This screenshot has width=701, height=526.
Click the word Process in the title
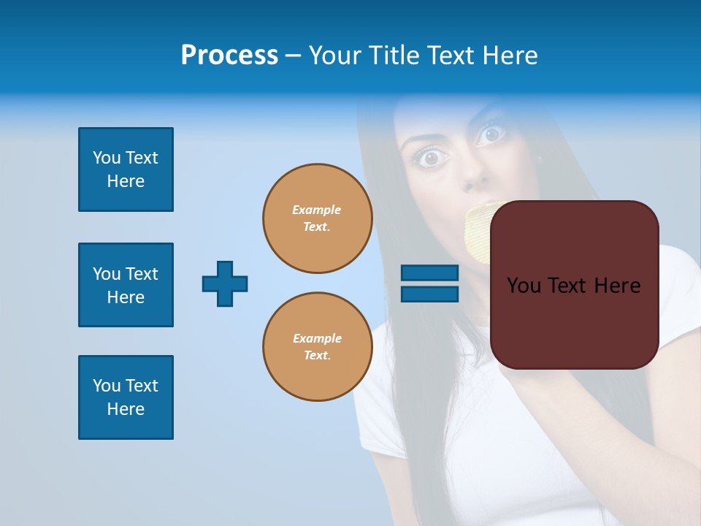point(229,56)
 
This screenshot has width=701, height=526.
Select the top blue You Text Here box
point(126,169)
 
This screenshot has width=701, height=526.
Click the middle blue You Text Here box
point(126,285)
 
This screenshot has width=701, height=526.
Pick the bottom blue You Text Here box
point(126,397)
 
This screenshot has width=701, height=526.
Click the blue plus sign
point(225,283)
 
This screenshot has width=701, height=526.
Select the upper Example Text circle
point(317,218)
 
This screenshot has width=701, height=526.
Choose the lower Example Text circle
point(317,346)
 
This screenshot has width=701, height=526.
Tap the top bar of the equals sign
point(429,273)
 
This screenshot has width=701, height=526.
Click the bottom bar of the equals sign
point(429,294)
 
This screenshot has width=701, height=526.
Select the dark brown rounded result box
point(574,321)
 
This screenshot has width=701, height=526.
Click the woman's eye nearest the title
point(491,134)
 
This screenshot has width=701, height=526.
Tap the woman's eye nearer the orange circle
point(432,156)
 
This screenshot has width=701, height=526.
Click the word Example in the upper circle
point(316,210)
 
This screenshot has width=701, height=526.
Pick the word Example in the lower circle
point(317,338)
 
